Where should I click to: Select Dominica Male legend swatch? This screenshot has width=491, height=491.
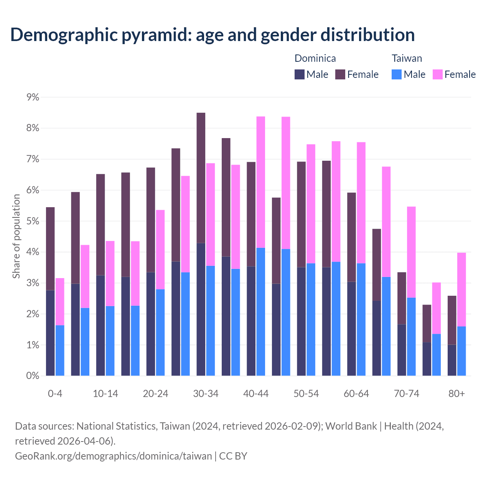[x=300, y=74]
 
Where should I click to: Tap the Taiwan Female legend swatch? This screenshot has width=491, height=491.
[x=438, y=74]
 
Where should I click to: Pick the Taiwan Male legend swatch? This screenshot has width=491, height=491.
[x=397, y=74]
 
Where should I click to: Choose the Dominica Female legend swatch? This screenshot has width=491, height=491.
[x=340, y=74]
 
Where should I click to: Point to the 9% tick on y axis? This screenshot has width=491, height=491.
[x=33, y=97]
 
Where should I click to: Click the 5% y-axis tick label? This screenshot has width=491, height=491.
[x=33, y=221]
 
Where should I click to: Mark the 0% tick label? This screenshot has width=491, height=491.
[x=33, y=376]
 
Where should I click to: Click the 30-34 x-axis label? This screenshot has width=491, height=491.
[x=206, y=394]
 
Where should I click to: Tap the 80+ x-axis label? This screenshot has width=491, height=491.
[x=456, y=394]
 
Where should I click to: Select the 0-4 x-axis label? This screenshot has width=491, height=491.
[x=55, y=394]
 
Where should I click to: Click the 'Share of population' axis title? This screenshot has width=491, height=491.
[x=16, y=236]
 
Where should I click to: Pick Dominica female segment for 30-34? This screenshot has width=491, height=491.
[x=201, y=178]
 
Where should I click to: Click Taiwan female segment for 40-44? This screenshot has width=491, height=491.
[x=261, y=182]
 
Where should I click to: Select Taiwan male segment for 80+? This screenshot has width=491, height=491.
[x=461, y=351]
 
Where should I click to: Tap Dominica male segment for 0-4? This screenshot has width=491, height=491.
[x=50, y=333]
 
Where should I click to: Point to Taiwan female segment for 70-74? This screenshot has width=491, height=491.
[x=411, y=252]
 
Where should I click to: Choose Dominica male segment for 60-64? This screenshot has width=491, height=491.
[x=351, y=329]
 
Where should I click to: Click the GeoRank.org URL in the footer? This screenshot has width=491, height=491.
[x=114, y=456]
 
